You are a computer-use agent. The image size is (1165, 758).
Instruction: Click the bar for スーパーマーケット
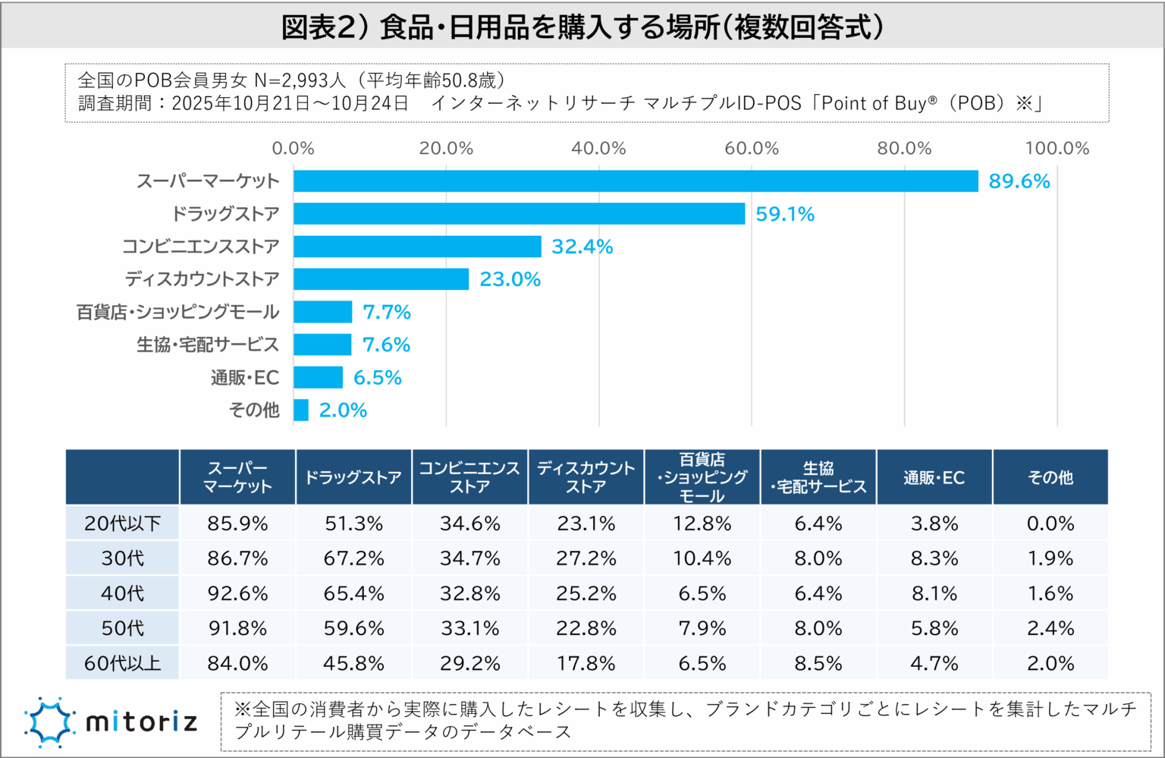[636, 181]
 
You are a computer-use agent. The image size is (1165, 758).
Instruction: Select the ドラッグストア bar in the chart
[519, 214]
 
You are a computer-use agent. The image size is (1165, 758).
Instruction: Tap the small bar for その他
[301, 410]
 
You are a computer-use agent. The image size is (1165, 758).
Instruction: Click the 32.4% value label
[582, 247]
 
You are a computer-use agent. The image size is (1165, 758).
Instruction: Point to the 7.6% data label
[386, 345]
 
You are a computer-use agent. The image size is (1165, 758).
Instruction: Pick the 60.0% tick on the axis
[751, 149]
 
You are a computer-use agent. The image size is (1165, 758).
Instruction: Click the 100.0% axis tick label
[1057, 149]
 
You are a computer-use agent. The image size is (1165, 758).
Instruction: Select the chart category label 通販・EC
[245, 378]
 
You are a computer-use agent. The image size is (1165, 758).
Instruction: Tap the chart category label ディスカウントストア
[202, 279]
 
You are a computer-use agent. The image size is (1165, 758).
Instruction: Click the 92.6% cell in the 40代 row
[237, 593]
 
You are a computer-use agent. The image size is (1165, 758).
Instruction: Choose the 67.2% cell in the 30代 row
[353, 558]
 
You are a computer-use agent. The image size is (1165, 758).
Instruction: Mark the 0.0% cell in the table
[1050, 524]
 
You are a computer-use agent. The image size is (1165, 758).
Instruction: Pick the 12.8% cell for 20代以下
[702, 524]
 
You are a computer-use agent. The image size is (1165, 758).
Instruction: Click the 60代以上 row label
[122, 663]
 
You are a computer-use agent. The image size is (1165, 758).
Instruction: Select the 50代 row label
[122, 628]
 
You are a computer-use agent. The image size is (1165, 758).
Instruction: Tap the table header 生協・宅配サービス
[818, 477]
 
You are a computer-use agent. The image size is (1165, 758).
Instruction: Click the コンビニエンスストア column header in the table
[469, 477]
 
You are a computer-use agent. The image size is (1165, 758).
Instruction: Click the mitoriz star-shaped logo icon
[49, 722]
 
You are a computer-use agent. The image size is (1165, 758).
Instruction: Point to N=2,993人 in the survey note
[300, 80]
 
